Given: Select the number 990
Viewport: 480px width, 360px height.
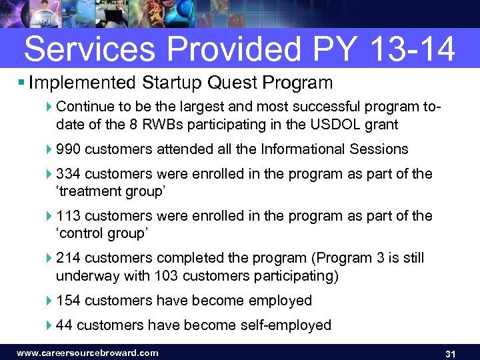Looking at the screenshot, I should point(69,149).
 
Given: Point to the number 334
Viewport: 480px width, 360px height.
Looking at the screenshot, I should point(69,174).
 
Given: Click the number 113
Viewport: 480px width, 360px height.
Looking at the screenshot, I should point(69,216).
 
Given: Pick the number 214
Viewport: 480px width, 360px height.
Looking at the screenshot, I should point(69,258).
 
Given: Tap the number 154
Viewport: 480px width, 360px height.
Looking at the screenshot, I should point(69,301).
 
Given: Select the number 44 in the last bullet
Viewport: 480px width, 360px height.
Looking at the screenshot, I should point(65,325).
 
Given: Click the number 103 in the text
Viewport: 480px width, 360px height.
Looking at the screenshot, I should point(166,275).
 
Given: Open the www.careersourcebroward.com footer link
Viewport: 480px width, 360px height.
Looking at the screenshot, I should point(87,353).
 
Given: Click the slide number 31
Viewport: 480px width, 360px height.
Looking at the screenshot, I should point(449,353).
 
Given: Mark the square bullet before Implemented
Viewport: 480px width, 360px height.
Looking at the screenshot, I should point(22,83).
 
